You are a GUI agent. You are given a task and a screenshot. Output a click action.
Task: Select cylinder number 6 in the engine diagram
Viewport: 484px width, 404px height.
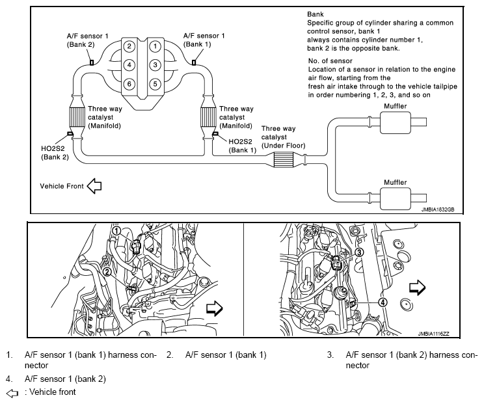[x=130, y=84]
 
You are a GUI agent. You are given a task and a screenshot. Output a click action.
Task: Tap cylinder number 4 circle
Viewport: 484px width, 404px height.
[x=130, y=65]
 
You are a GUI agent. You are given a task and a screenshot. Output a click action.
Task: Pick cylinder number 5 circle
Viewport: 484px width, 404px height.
[x=155, y=84]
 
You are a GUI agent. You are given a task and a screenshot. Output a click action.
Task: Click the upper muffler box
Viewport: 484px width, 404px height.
[x=397, y=121]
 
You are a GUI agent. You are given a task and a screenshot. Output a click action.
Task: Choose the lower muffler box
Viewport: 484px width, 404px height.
[x=397, y=196]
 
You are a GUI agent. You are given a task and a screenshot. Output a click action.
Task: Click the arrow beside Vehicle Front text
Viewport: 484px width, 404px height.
[x=94, y=187]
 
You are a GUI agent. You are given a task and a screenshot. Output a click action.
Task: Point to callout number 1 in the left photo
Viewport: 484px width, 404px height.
[x=116, y=230]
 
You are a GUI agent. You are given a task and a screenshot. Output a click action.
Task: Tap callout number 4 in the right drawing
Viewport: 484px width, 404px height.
[x=383, y=301]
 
